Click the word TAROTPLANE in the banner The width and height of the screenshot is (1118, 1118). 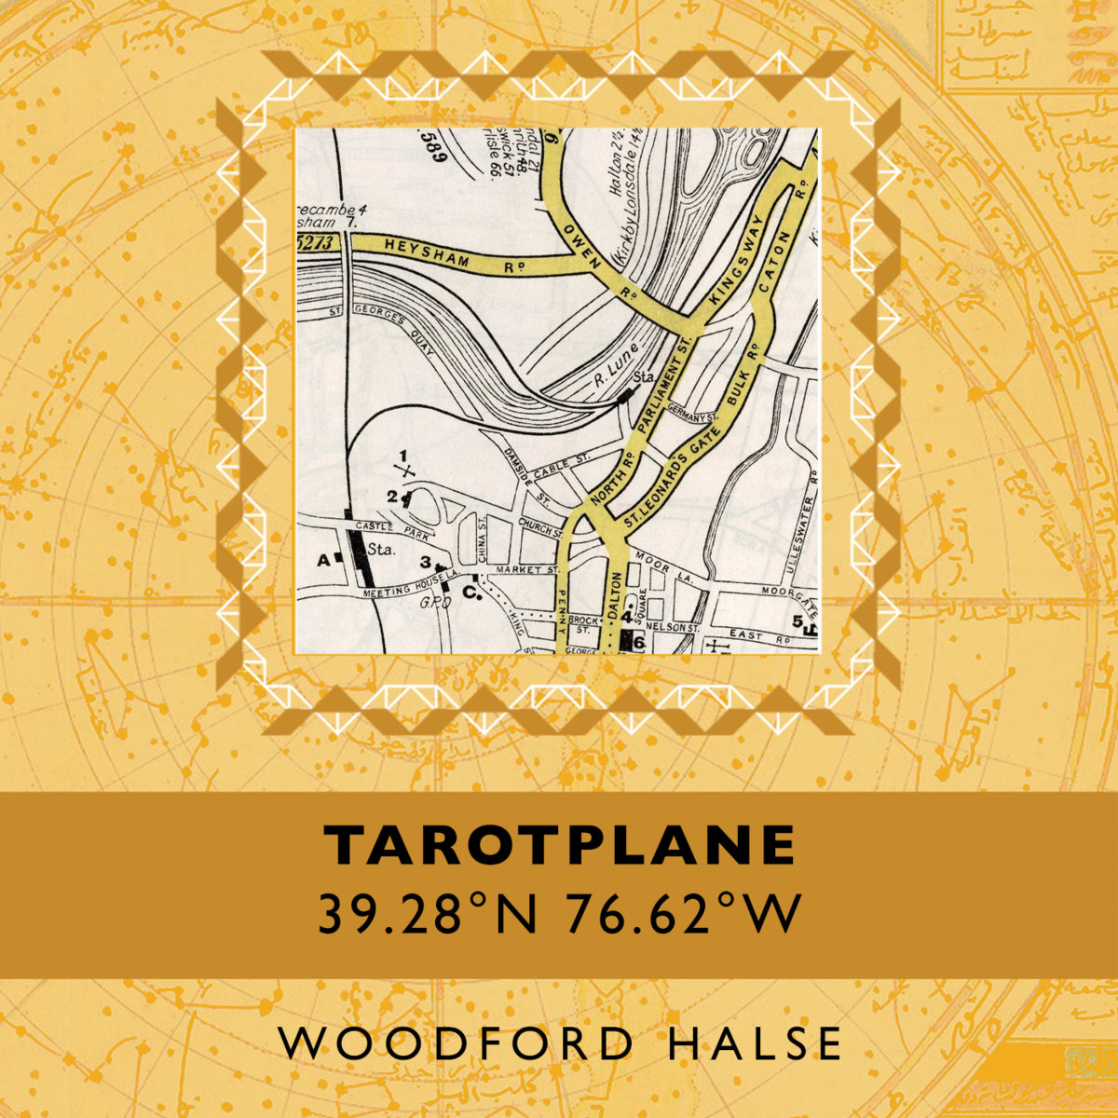[560, 844]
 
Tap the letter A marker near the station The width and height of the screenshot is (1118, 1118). [324, 560]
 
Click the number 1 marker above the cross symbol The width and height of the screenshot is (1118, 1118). [403, 455]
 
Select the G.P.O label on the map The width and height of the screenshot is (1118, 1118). [435, 604]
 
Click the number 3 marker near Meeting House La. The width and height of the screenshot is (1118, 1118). [426, 562]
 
